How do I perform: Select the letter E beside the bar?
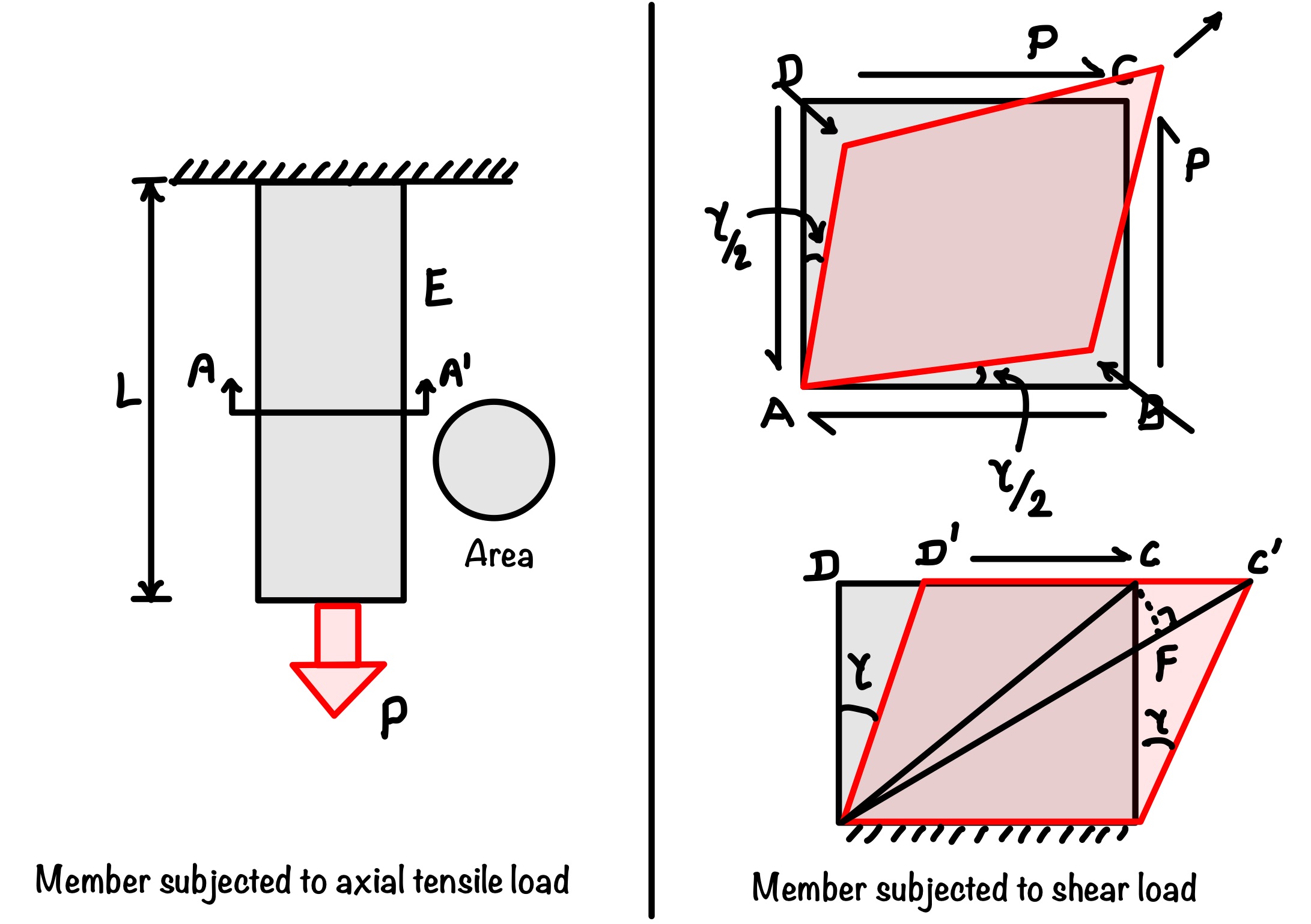438,288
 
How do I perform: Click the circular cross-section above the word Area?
494,460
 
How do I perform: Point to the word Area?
499,554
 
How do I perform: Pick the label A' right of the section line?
454,371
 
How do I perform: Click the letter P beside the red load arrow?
394,716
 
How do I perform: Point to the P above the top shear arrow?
1042,41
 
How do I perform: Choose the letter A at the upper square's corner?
777,414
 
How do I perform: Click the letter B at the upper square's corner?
1151,413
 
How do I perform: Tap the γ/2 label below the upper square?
1021,487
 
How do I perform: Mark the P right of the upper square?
1197,163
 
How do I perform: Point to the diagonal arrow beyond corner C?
1198,34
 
